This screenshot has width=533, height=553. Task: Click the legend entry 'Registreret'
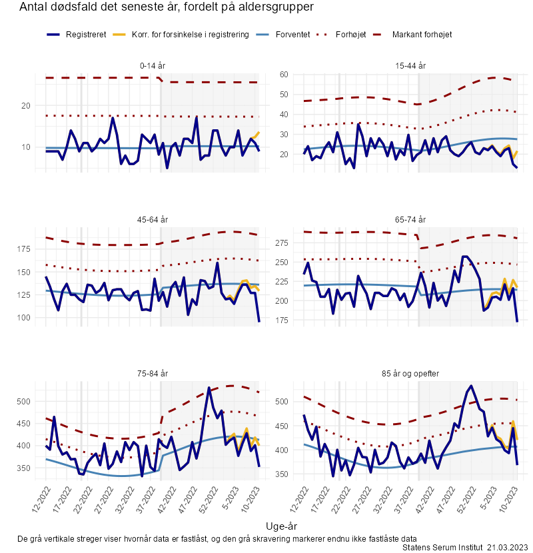point(86,35)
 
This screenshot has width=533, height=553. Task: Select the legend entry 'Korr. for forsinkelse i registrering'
point(190,35)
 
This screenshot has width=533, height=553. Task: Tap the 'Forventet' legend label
point(292,35)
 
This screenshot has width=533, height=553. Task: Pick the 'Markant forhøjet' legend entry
point(422,35)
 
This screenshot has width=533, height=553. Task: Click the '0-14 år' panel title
point(153,65)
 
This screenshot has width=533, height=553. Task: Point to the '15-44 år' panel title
point(410,65)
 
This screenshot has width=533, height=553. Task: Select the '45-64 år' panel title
point(153,220)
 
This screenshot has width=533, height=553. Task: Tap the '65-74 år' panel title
point(410,220)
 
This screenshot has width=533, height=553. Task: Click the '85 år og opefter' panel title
point(410,374)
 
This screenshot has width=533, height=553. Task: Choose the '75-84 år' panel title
point(153,374)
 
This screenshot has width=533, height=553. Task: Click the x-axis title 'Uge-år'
point(281,526)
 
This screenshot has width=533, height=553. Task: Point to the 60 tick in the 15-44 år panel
point(284,75)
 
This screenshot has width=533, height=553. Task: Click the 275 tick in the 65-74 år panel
point(282,243)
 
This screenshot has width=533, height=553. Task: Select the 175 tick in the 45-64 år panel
point(23,249)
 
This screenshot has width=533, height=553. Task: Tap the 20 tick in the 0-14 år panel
point(26,106)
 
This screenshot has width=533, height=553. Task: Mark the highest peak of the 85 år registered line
point(471,386)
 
